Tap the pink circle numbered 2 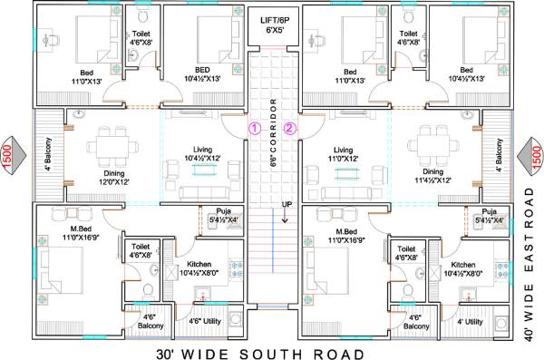[x=290, y=128]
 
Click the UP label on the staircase [x=287, y=203]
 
